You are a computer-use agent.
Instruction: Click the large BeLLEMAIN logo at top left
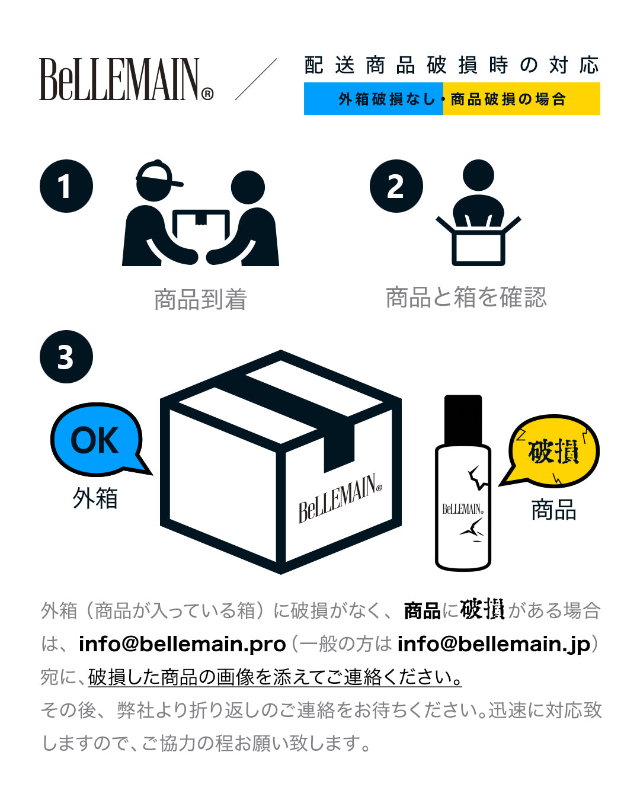(126, 79)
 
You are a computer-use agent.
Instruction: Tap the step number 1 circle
(66, 186)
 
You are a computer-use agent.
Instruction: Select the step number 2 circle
(396, 186)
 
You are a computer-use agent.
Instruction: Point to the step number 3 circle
(66, 357)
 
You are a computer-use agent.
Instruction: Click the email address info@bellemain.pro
(182, 644)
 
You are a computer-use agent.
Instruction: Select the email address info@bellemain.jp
(494, 644)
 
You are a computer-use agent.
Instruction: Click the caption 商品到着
(200, 299)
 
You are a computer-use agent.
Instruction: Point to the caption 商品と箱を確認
(466, 297)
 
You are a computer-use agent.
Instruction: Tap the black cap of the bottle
(463, 420)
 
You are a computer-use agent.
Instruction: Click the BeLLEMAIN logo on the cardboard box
(340, 498)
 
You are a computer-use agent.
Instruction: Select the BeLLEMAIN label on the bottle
(463, 508)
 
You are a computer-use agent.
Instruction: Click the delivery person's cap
(157, 172)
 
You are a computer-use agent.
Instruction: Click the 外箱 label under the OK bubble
(95, 498)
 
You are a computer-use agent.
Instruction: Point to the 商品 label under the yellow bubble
(553, 510)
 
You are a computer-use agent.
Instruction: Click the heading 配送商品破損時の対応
(452, 65)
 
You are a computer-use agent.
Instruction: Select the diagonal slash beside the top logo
(256, 79)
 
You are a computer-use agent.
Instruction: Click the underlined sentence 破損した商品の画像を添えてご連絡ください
(275, 677)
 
